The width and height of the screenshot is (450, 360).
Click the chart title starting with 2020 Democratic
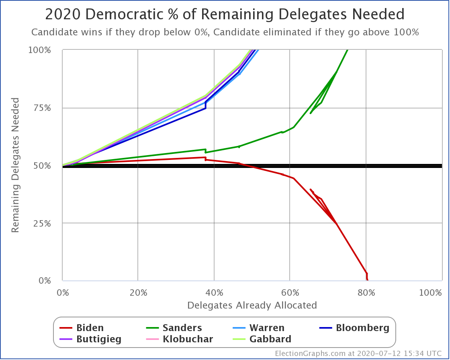click(x=225, y=14)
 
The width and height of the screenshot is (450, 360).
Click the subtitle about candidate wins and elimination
click(x=225, y=32)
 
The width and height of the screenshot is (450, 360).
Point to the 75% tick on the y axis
click(x=43, y=108)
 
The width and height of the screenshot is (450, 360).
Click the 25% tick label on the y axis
click(x=43, y=223)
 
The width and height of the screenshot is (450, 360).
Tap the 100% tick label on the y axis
click(x=40, y=50)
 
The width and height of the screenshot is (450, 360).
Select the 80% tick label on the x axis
click(x=366, y=292)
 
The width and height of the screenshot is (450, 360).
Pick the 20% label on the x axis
click(x=138, y=292)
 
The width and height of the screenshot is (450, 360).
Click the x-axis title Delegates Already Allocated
click(x=252, y=305)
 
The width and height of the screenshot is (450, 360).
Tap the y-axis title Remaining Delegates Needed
click(x=15, y=165)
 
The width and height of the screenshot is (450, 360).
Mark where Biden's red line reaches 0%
click(x=367, y=280)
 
